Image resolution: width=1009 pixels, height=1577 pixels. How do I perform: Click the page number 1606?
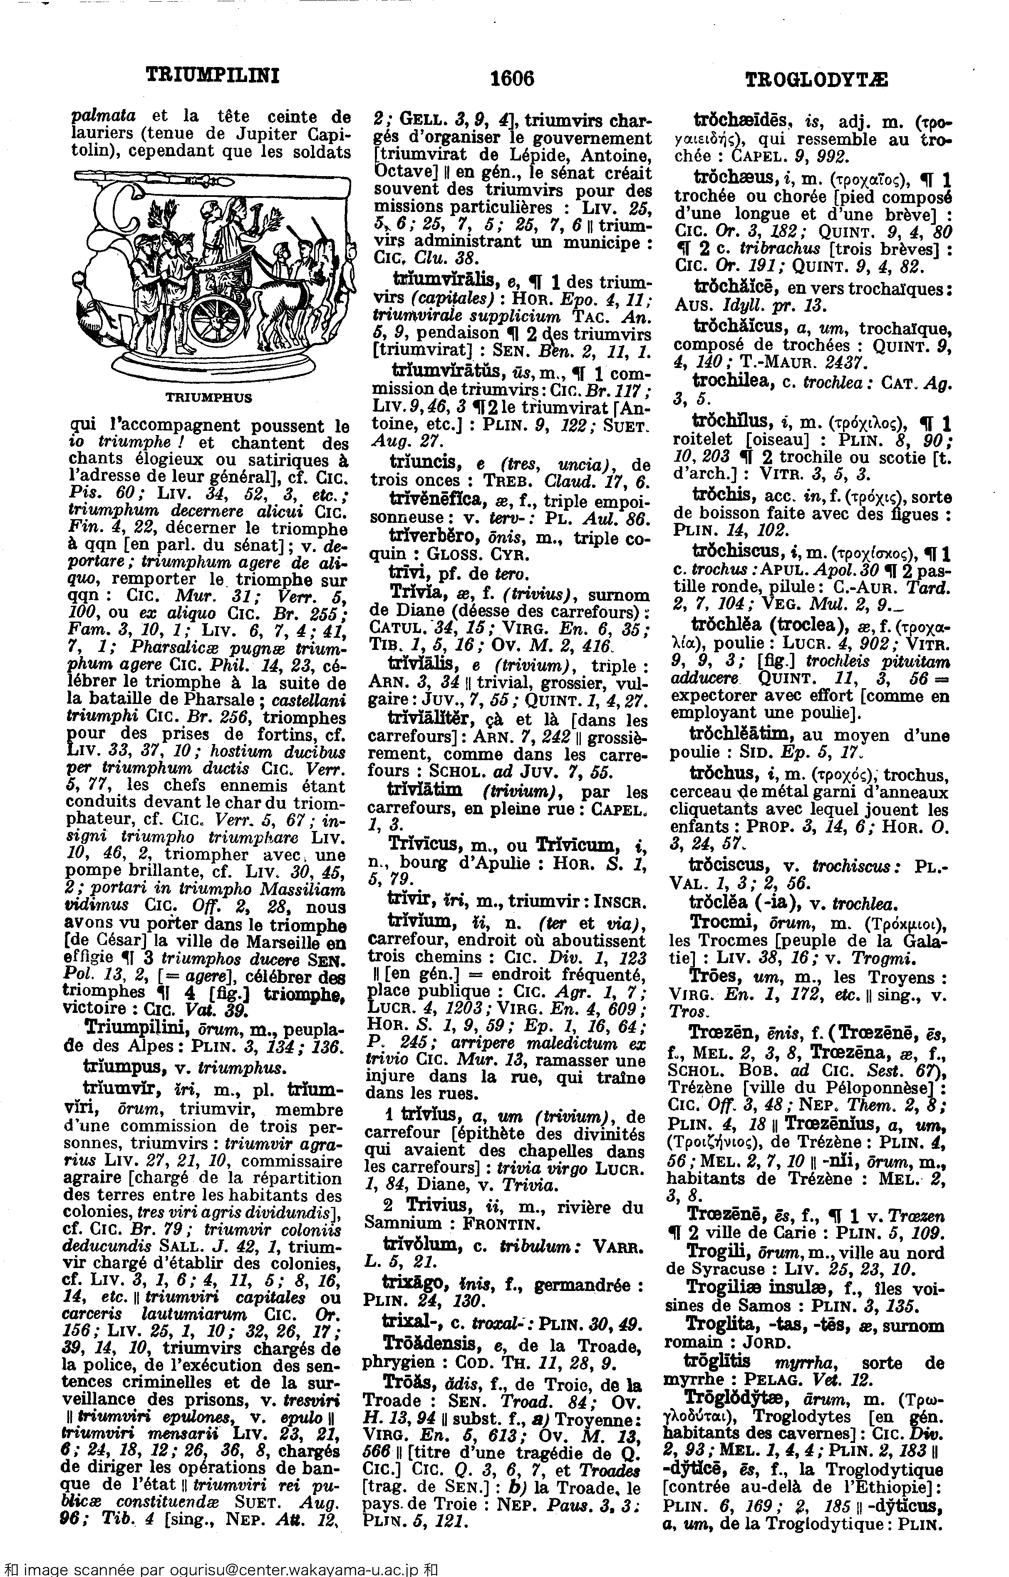point(512,79)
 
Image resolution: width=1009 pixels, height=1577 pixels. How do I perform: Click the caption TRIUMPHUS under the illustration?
point(209,397)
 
